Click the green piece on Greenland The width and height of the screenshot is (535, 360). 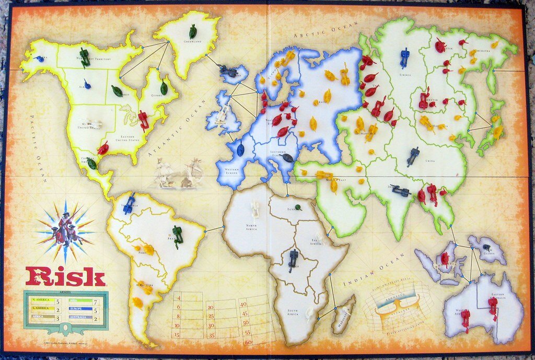coord(193,31)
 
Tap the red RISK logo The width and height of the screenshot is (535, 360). coord(65,277)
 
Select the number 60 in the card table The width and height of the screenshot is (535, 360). coord(248,342)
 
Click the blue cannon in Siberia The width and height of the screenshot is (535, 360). coord(405,58)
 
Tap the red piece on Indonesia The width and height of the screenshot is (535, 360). coord(445,258)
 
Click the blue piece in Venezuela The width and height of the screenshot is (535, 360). coord(129,203)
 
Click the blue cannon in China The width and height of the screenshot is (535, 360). coord(413,156)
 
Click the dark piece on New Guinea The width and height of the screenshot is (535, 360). coord(487,247)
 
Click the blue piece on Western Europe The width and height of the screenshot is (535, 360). coord(240,150)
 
